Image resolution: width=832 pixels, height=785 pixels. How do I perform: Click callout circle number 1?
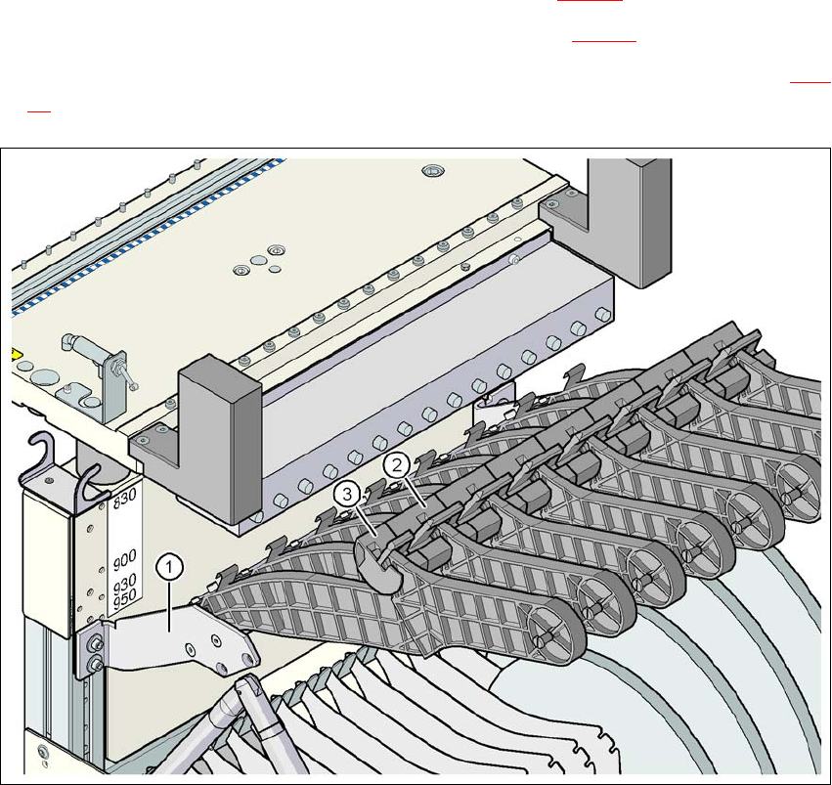pyautogui.click(x=169, y=565)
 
